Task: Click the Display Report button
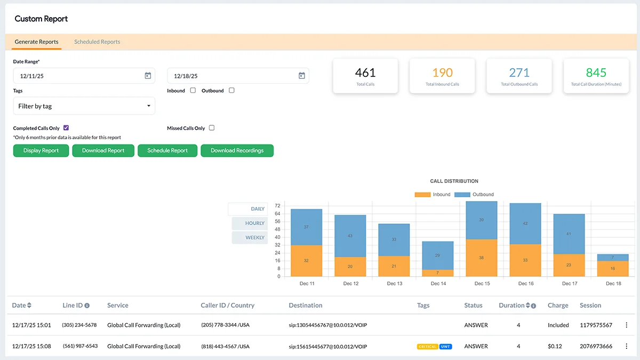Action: pyautogui.click(x=41, y=150)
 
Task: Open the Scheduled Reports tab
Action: pyautogui.click(x=97, y=42)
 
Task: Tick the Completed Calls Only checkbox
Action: pyautogui.click(x=66, y=128)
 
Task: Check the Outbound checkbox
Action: pyautogui.click(x=231, y=91)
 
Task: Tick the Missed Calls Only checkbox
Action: pyautogui.click(x=212, y=128)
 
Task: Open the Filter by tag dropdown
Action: pyautogui.click(x=84, y=106)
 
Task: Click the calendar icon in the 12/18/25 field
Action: pyautogui.click(x=301, y=76)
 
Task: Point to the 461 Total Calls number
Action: pyautogui.click(x=365, y=73)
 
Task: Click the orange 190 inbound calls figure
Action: pyautogui.click(x=442, y=73)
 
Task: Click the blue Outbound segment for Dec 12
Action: pyautogui.click(x=350, y=236)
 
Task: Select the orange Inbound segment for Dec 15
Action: pyautogui.click(x=482, y=258)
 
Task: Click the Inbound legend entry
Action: pyautogui.click(x=433, y=195)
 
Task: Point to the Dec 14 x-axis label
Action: pyautogui.click(x=438, y=284)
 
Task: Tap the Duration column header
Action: pyautogui.click(x=511, y=306)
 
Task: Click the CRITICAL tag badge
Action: pyautogui.click(x=427, y=347)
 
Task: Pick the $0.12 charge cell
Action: pyautogui.click(x=555, y=347)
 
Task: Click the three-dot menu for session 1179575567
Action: pyautogui.click(x=626, y=325)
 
